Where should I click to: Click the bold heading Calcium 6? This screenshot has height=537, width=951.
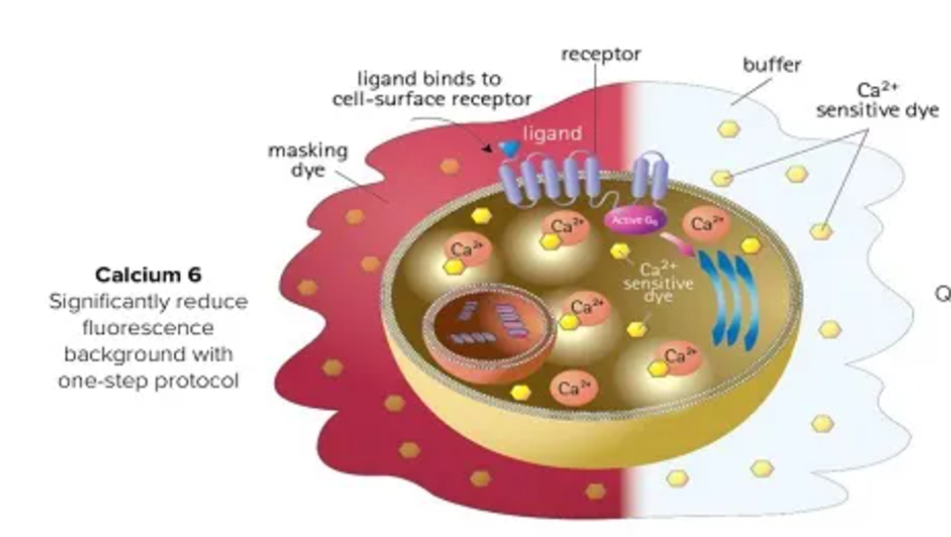[148, 275]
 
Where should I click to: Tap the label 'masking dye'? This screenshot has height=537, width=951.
[307, 159]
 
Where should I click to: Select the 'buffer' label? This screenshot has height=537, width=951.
[771, 65]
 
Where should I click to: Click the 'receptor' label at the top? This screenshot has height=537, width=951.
[601, 55]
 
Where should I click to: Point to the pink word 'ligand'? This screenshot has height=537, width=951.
[553, 134]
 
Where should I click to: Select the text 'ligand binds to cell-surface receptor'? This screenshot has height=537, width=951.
[431, 89]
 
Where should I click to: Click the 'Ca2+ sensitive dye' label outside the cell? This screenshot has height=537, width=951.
[876, 101]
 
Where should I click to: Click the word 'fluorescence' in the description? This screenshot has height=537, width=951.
[148, 327]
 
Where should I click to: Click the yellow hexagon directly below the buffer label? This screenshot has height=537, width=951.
[728, 129]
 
